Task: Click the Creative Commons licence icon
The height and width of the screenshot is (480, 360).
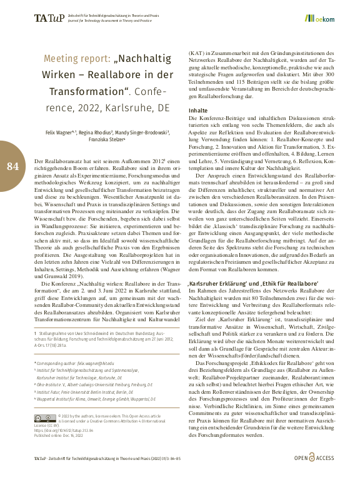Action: coord(47,417)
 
